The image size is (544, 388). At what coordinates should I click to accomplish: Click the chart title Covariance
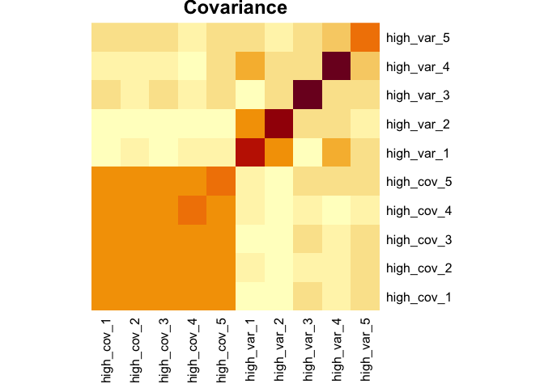[x=235, y=9]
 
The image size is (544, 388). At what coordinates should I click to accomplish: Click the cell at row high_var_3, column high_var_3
[x=308, y=95]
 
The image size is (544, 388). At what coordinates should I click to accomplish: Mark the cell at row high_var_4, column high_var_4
[x=336, y=66]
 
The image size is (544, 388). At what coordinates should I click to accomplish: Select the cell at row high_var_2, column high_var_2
[x=278, y=124]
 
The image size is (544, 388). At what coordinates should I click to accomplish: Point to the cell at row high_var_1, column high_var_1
[x=249, y=152]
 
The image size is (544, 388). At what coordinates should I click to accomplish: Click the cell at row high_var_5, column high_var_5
[x=365, y=37]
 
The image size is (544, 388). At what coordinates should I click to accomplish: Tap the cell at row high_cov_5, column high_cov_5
[x=221, y=181]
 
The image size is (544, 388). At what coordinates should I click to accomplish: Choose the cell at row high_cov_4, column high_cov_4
[x=192, y=209]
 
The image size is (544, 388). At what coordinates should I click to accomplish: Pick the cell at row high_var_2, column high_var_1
[x=249, y=124]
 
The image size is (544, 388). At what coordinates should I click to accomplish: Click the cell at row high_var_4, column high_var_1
[x=249, y=66]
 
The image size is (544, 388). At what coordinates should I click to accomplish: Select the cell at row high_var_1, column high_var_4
[x=336, y=152]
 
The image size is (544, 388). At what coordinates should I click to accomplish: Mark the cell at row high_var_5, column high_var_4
[x=336, y=37]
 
